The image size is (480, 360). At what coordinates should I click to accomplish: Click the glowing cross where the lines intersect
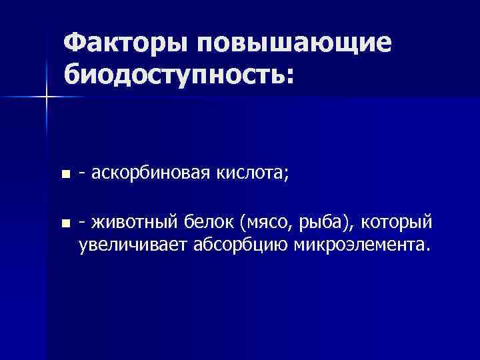coord(47,97)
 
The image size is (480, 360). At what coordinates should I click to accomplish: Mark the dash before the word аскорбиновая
coord(81,175)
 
